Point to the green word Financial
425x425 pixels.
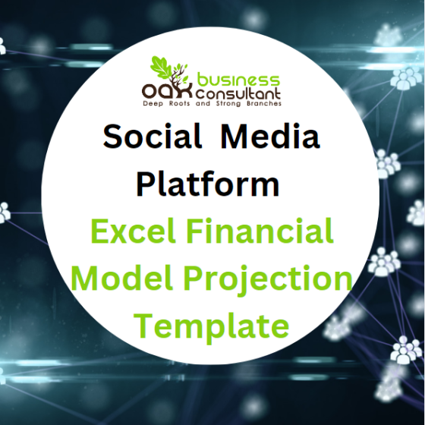click(x=267, y=232)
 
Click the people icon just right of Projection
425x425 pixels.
click(x=384, y=263)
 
